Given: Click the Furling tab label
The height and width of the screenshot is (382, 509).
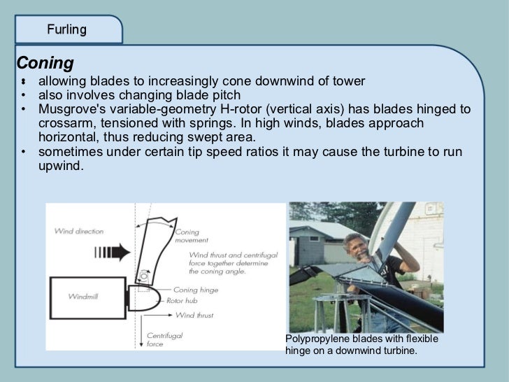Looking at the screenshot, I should [66, 29].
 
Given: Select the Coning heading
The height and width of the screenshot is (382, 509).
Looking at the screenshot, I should [45, 63].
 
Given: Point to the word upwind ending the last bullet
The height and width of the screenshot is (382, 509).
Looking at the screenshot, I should [60, 166].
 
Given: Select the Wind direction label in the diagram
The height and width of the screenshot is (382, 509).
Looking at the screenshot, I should [78, 231].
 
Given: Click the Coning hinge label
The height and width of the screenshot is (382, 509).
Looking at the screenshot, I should [195, 290].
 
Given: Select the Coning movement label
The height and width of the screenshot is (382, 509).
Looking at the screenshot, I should [187, 235].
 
